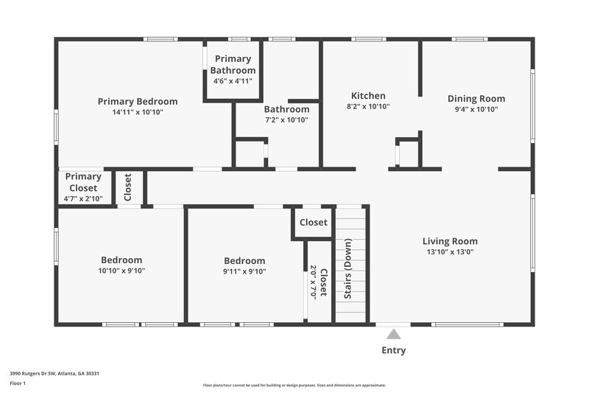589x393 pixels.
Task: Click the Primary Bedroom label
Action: pos(138,101)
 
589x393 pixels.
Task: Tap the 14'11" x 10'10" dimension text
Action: pos(138,112)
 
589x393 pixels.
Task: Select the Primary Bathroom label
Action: pos(233,65)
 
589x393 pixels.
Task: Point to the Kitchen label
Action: pos(368,96)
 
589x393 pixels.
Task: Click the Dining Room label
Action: pos(476,98)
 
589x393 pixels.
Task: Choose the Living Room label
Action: pos(450,241)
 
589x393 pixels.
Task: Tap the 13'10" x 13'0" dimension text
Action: pos(450,251)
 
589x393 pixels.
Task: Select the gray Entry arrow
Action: pos(393,334)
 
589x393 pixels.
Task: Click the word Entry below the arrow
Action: pos(393,350)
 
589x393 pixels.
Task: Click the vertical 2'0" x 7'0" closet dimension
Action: pos(313,282)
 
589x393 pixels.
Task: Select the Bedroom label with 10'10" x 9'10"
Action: pos(121,260)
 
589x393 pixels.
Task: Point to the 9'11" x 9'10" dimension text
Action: pos(244,271)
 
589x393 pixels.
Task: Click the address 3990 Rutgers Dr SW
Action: pos(54,373)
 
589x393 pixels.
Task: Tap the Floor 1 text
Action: pos(17,383)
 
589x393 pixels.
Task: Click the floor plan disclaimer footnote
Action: pos(294,385)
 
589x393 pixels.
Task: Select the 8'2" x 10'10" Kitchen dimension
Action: pos(368,107)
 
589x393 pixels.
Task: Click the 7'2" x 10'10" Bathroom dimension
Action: pos(286,119)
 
